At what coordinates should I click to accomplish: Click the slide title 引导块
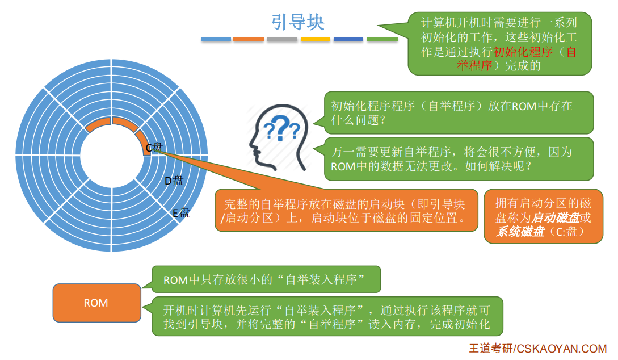click(298, 22)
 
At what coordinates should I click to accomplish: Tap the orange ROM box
click(96, 303)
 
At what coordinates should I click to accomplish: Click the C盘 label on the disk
click(154, 148)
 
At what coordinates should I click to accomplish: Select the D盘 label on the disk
click(174, 181)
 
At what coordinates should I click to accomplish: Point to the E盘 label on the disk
click(181, 214)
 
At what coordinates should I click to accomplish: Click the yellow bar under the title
click(315, 40)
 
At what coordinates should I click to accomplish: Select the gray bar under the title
click(282, 40)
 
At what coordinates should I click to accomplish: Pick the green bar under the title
click(382, 40)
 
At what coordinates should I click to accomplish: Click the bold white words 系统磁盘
click(520, 232)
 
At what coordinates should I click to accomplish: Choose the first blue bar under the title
click(216, 40)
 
